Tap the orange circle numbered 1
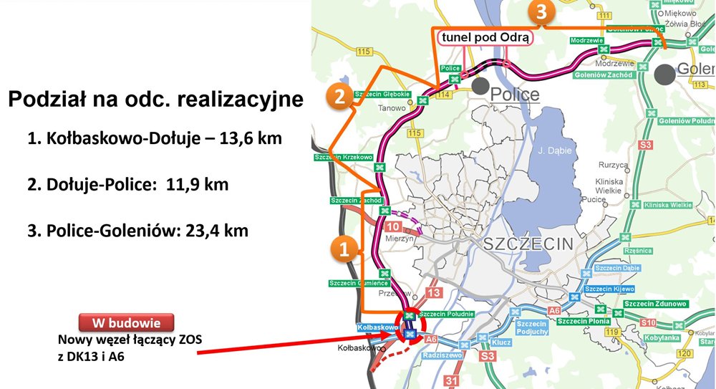344,250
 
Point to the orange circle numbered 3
541,12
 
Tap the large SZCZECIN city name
528,244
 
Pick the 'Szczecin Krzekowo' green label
344,157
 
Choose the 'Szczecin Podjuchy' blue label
531,327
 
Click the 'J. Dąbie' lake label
552,151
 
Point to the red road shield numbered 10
392,226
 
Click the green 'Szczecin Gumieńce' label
359,283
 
